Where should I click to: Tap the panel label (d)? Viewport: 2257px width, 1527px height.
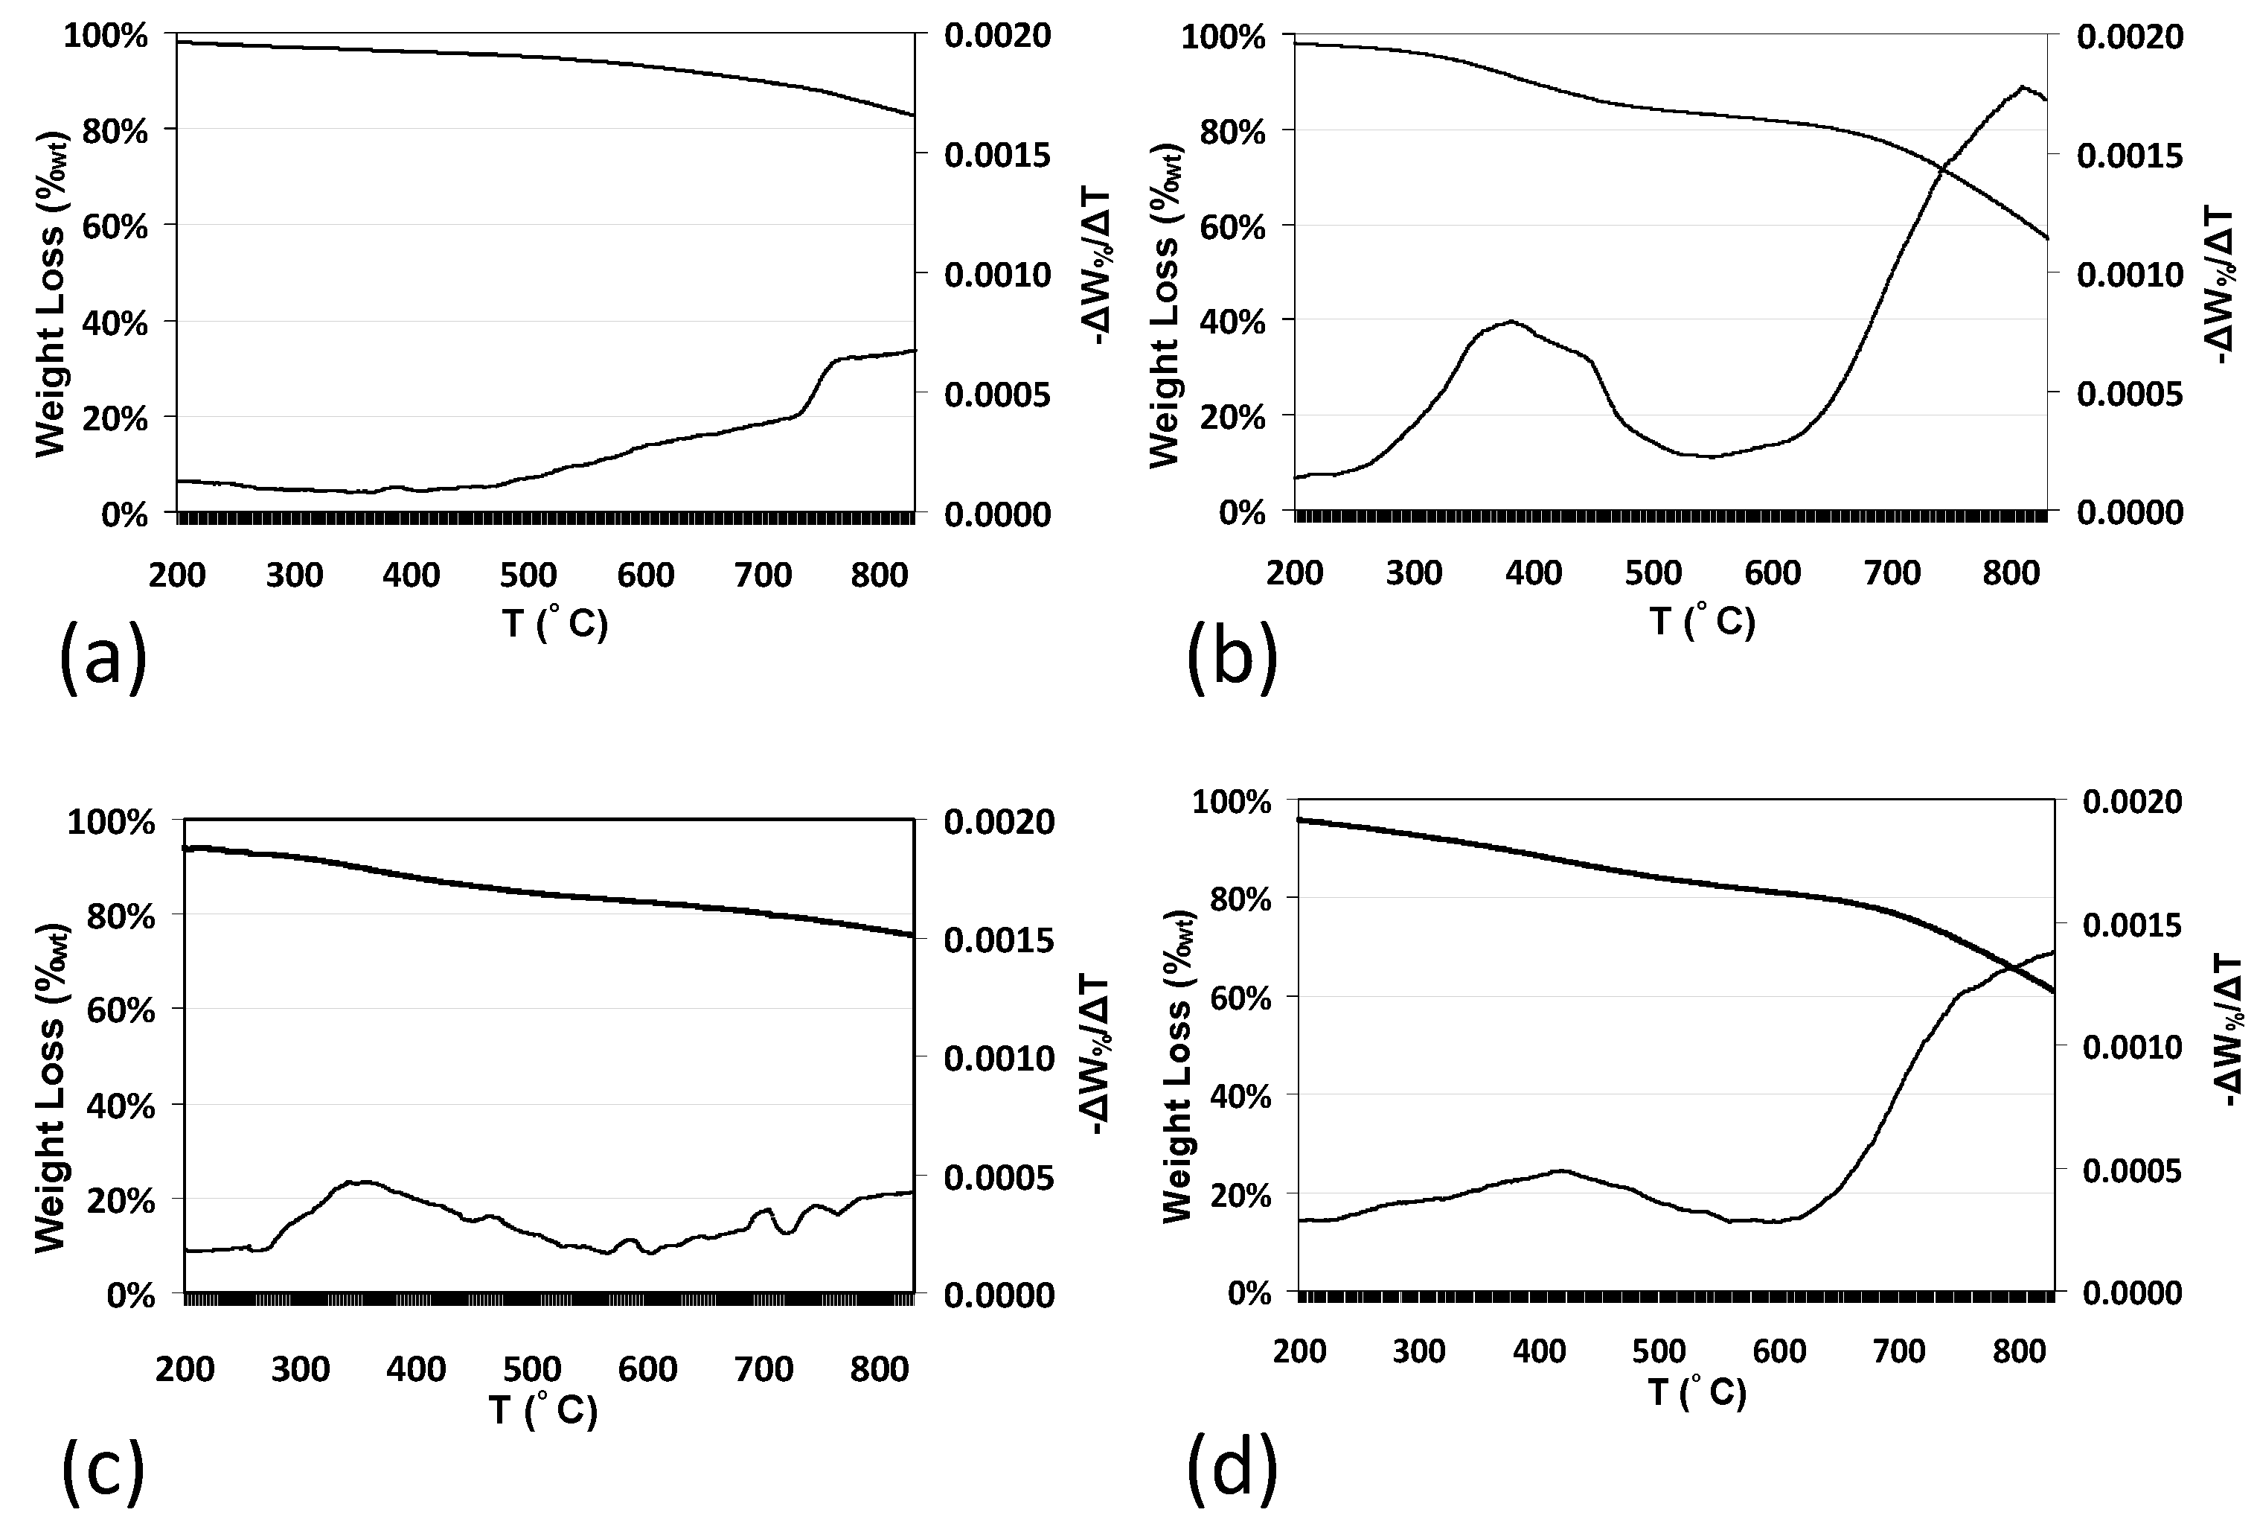coord(1232,1470)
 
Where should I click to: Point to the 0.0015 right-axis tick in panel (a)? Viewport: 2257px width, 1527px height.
coord(997,154)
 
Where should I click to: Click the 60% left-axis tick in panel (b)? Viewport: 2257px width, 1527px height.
coord(1232,227)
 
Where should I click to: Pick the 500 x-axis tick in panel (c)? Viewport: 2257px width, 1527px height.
coord(532,1368)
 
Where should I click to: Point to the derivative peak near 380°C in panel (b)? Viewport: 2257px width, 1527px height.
coord(1511,322)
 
